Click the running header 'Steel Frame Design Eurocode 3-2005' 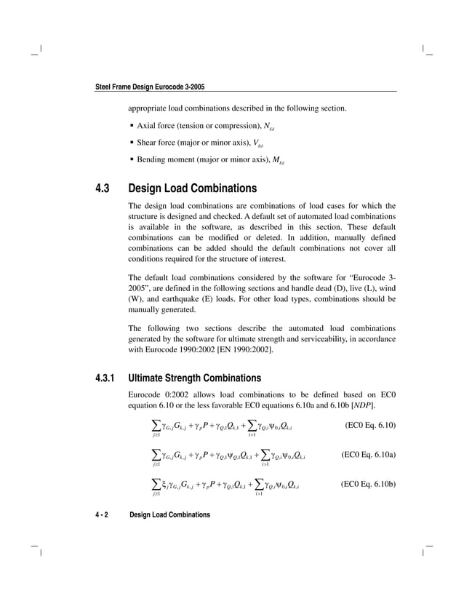click(x=150, y=87)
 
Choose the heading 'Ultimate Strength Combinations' click(x=195, y=378)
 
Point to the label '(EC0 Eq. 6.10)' click(x=369, y=423)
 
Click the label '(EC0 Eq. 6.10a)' click(x=368, y=455)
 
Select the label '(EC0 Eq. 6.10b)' click(x=368, y=485)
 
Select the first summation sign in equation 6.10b click(x=156, y=483)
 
